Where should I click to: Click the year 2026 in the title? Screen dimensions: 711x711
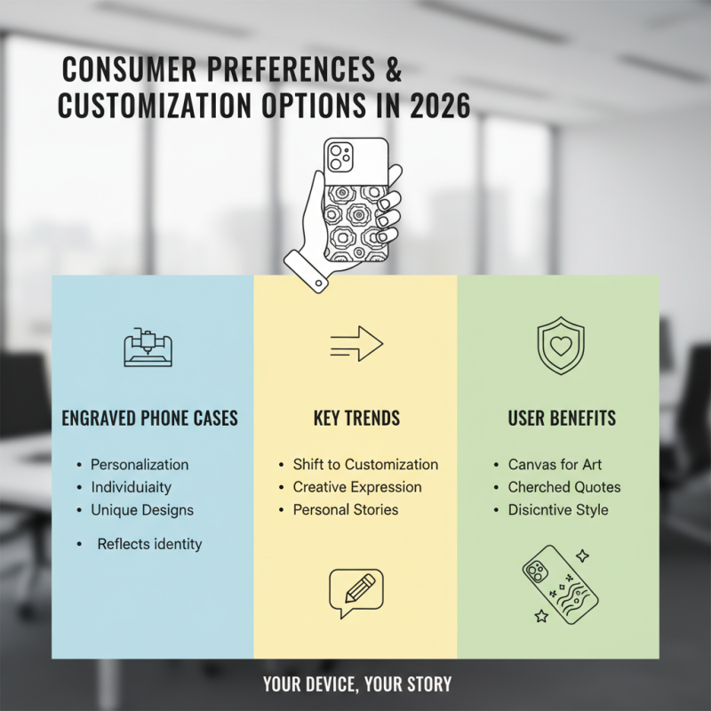[x=441, y=105]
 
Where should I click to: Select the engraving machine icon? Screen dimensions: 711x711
[x=147, y=348]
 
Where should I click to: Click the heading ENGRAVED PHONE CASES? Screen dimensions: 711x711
[x=149, y=418]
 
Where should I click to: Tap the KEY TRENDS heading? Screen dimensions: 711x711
[x=356, y=418]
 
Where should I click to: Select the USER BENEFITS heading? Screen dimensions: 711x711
[x=562, y=418]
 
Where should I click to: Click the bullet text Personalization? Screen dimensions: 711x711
[x=140, y=464]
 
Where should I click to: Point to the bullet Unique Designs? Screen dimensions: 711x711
[x=142, y=510]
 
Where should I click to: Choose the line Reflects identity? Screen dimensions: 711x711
[x=149, y=543]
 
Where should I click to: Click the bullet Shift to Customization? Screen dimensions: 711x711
[x=365, y=464]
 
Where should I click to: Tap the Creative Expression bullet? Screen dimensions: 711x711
[x=357, y=487]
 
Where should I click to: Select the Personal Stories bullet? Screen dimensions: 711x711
[x=346, y=510]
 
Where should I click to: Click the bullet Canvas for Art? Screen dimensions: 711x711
[x=555, y=464]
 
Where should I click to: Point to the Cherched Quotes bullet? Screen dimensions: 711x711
[x=564, y=487]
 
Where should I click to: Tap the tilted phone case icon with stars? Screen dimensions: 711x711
[x=560, y=584]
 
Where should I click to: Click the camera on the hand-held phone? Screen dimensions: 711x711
[x=339, y=158]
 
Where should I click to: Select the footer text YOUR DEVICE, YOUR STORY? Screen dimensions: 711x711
[x=356, y=684]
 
